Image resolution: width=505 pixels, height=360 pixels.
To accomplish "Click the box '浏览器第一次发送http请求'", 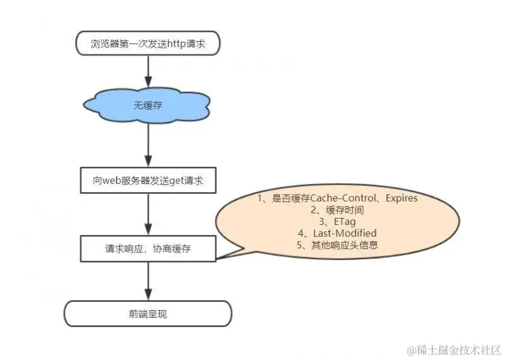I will pyautogui.click(x=148, y=44).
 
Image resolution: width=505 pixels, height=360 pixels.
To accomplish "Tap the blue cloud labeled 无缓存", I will pyautogui.click(x=148, y=105).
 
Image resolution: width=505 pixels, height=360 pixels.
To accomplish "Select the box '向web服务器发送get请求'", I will pyautogui.click(x=148, y=181).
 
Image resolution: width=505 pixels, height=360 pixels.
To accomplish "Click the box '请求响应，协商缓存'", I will pyautogui.click(x=148, y=249).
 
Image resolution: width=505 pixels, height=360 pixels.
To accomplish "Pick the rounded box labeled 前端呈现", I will pyautogui.click(x=148, y=313).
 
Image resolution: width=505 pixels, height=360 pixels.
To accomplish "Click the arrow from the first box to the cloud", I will pyautogui.click(x=148, y=71).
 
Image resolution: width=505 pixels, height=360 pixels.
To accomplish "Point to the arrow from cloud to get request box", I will pyautogui.click(x=148, y=145).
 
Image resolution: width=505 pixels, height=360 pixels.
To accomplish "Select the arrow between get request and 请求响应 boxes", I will pyautogui.click(x=148, y=215).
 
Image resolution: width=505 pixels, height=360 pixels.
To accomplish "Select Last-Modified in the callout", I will pyautogui.click(x=345, y=233).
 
